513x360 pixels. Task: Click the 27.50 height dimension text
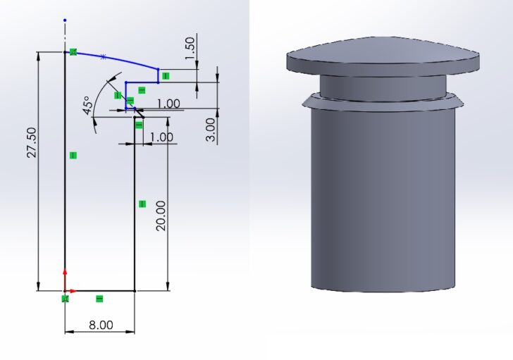(31, 144)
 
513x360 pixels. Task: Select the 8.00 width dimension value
(100, 325)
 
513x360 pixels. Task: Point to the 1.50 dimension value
(190, 49)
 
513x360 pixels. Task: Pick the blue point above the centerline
(65, 20)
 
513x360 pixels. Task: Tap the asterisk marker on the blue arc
(103, 56)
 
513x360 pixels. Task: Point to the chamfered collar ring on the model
(383, 103)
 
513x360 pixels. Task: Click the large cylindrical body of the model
(383, 197)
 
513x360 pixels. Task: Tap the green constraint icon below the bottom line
(99, 299)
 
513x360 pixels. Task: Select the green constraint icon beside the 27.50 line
(73, 155)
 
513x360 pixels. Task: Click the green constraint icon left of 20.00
(142, 204)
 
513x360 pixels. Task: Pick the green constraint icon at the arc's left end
(73, 52)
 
